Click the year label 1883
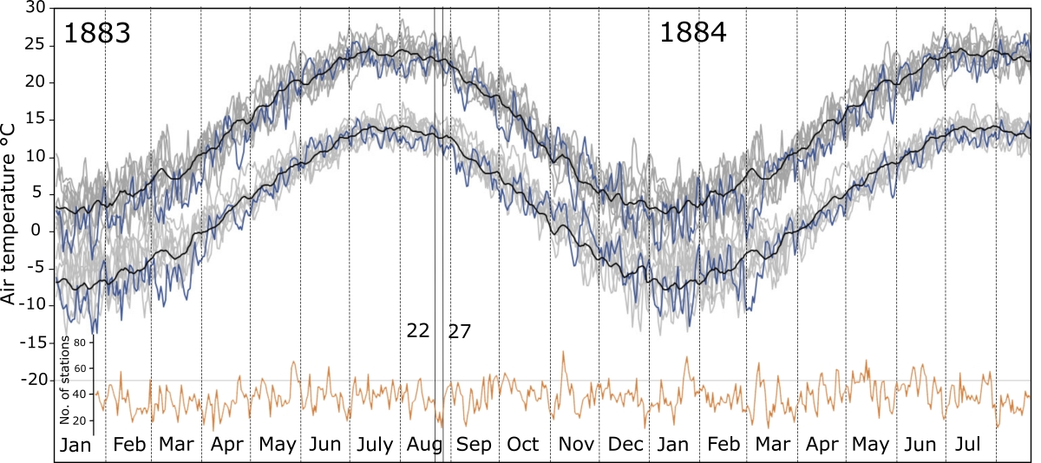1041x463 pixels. click(97, 34)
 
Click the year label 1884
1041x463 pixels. click(693, 34)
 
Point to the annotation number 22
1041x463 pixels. click(418, 330)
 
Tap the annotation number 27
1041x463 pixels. click(460, 330)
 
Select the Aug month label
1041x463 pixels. click(422, 445)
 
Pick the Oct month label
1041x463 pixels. click(523, 445)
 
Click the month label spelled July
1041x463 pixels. click(374, 445)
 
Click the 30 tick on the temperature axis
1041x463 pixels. click(36, 8)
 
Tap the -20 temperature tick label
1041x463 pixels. click(32, 380)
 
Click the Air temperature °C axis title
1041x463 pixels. click(11, 212)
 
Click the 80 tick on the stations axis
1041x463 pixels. click(80, 342)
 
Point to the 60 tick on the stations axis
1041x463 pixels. click(80, 368)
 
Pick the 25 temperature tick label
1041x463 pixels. click(36, 45)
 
